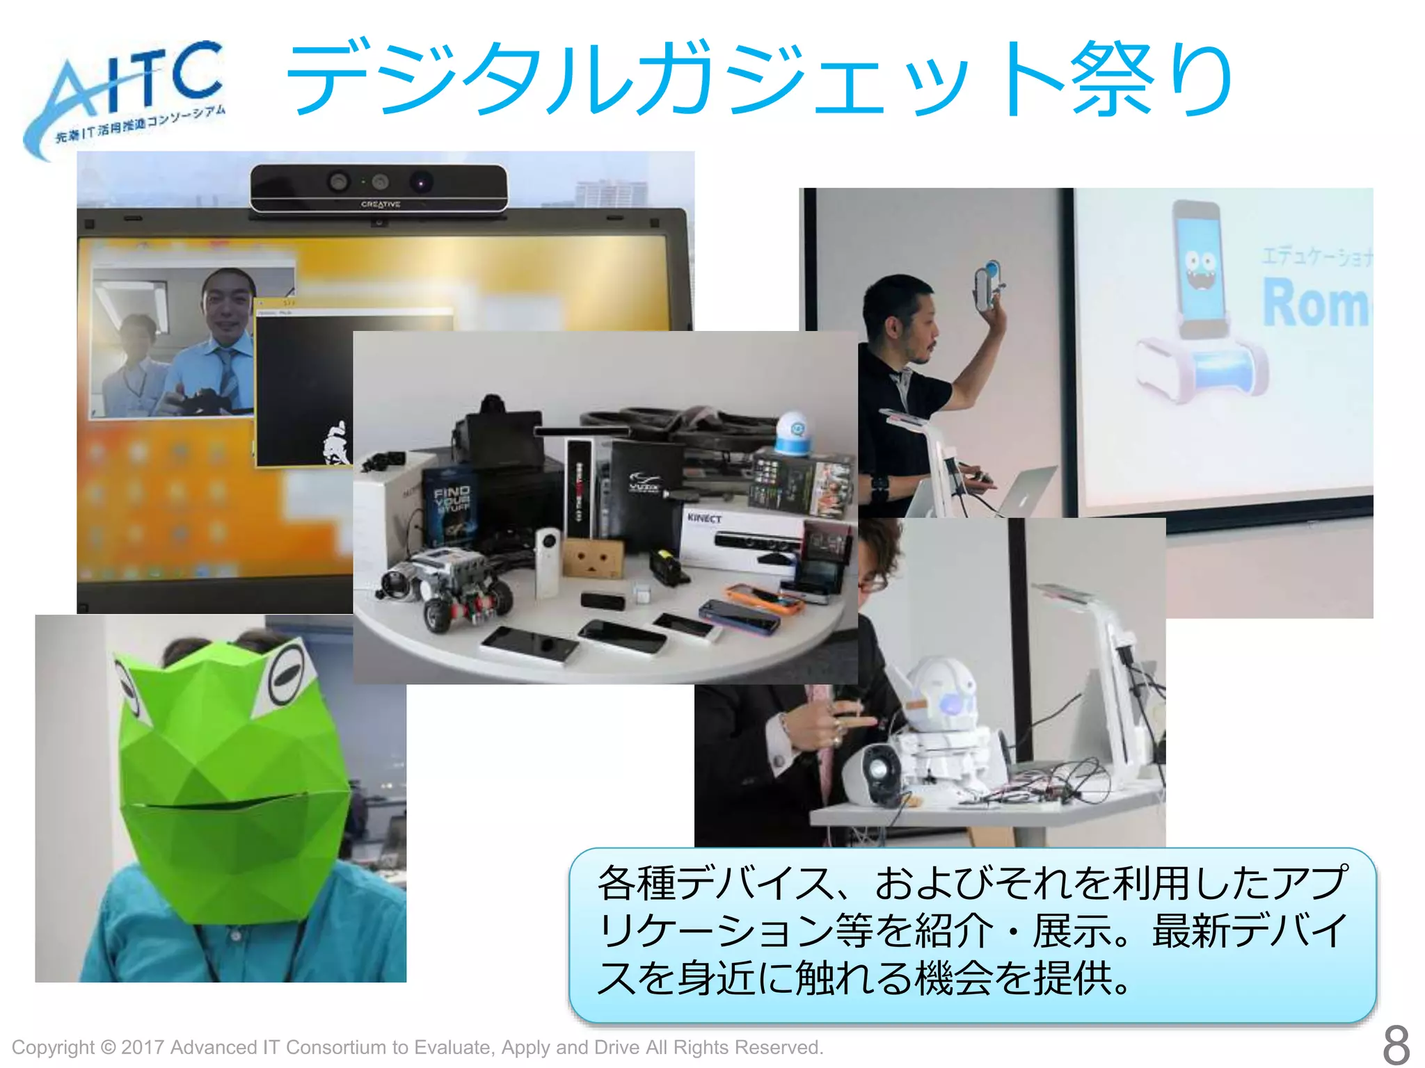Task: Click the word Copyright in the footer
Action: coord(53,1047)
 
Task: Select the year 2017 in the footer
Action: coord(143,1047)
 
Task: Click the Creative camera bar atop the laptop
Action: coord(379,188)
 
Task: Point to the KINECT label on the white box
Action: coord(704,518)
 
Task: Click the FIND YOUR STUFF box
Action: coord(451,504)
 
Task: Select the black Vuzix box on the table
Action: coord(644,487)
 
